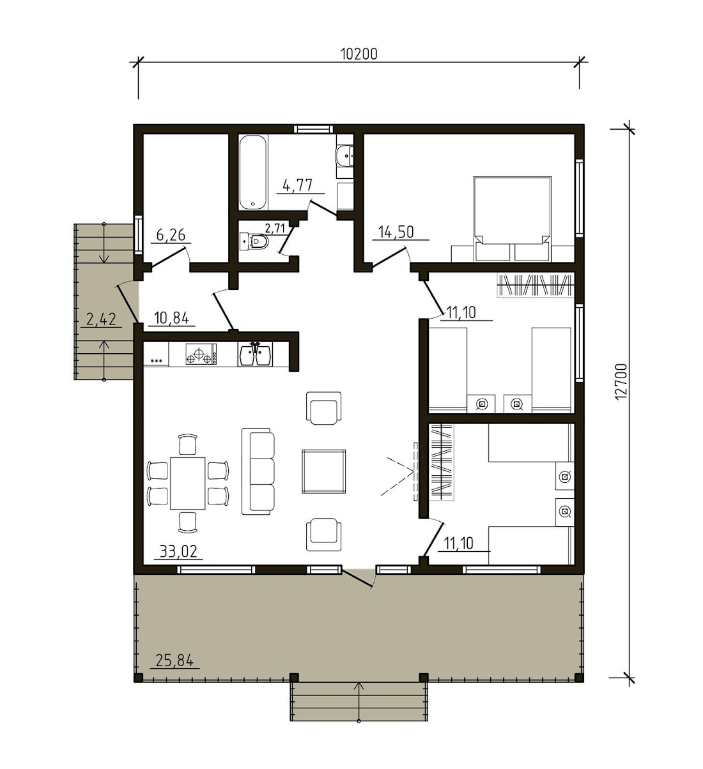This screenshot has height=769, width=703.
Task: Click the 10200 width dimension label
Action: point(359,54)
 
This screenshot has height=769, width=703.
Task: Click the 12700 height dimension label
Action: point(621,382)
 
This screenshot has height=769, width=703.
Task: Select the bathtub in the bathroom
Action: point(253,172)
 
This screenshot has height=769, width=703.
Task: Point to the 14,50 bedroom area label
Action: point(396,232)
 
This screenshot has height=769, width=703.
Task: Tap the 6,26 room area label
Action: point(171,234)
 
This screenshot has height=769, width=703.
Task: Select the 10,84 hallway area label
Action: point(171,317)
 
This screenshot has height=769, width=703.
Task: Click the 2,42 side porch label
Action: point(101,319)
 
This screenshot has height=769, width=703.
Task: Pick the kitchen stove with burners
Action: point(201,354)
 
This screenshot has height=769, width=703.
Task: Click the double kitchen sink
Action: point(255,354)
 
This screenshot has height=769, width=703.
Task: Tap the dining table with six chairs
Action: point(188,483)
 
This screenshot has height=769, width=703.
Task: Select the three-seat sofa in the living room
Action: point(258,471)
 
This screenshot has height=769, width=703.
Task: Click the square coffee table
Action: point(323,471)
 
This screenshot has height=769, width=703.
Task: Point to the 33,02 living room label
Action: point(178,551)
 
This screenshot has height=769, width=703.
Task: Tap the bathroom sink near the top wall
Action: point(344,156)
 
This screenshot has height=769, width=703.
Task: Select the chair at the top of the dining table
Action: point(188,445)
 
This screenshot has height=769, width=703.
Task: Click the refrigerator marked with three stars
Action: point(156,354)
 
